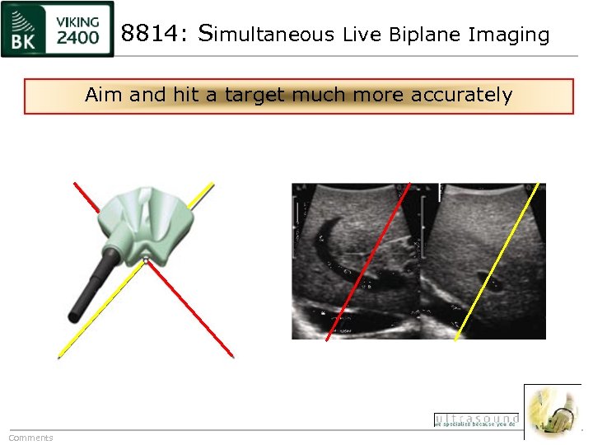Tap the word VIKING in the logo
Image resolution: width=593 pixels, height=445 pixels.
point(79,21)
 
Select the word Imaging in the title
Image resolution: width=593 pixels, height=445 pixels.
point(508,35)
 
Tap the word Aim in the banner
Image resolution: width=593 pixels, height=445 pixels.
point(103,95)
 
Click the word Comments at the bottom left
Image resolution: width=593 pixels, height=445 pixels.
point(30,438)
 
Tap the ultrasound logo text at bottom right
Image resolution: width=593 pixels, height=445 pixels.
point(476,420)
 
